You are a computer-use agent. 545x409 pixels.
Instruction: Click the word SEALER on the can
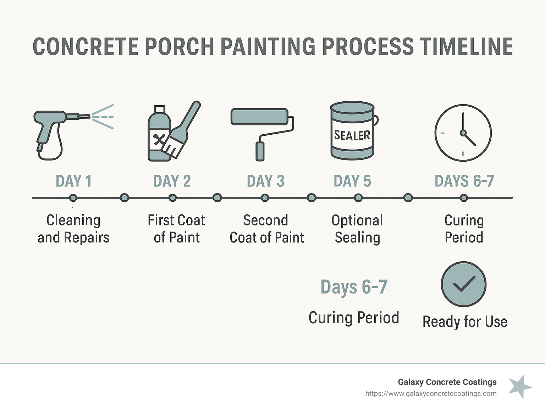click(352, 135)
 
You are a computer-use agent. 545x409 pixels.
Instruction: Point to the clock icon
click(463, 133)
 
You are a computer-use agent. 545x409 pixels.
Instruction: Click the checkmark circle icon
click(463, 284)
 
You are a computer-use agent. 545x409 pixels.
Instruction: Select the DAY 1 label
click(74, 181)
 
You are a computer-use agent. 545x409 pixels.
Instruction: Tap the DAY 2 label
click(172, 181)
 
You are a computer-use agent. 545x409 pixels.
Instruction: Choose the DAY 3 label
click(265, 181)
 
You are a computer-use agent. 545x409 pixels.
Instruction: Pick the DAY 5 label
click(352, 181)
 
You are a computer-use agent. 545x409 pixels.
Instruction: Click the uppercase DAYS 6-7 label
click(464, 181)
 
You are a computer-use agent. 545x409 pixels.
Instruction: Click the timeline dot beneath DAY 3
click(265, 198)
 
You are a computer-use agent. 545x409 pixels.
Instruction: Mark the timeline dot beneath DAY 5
click(358, 198)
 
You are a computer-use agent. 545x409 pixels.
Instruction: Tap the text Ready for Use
click(465, 322)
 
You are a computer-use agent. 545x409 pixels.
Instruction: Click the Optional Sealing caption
click(357, 229)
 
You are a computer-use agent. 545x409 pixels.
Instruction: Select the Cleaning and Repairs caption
click(73, 229)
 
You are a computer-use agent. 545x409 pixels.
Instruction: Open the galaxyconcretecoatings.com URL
click(431, 394)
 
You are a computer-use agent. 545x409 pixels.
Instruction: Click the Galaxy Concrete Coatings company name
click(447, 382)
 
